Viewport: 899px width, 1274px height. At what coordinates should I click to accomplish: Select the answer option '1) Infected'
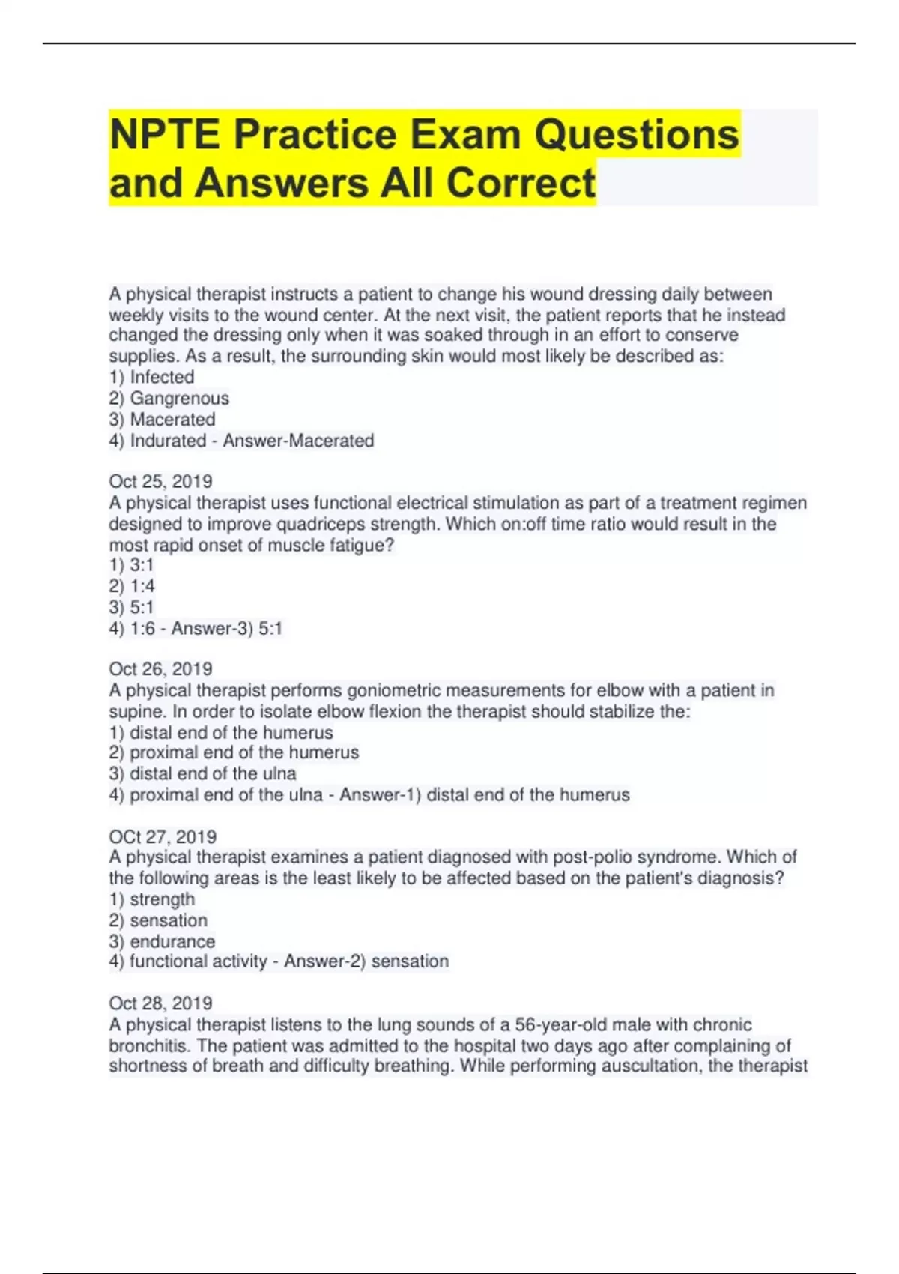tap(151, 377)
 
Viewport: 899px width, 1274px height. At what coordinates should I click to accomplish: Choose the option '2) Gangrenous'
tap(169, 399)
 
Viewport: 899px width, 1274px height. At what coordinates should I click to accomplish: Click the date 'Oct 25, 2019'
tap(160, 481)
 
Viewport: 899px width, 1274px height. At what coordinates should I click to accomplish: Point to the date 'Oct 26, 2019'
tap(160, 668)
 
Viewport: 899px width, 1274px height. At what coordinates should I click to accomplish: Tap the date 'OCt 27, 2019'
tap(163, 836)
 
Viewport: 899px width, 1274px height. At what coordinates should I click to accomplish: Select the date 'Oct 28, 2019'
tap(160, 1003)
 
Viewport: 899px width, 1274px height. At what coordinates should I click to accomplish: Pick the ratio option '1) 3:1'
tap(131, 565)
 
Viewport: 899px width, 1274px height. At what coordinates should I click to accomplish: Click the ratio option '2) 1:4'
tap(132, 586)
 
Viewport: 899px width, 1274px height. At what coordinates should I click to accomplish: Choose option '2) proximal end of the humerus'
tap(234, 752)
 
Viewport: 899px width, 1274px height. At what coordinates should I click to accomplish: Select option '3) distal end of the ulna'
tap(202, 773)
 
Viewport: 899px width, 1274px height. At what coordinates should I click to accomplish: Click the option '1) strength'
tap(152, 899)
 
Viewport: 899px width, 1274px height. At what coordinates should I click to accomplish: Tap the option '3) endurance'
tap(162, 941)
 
